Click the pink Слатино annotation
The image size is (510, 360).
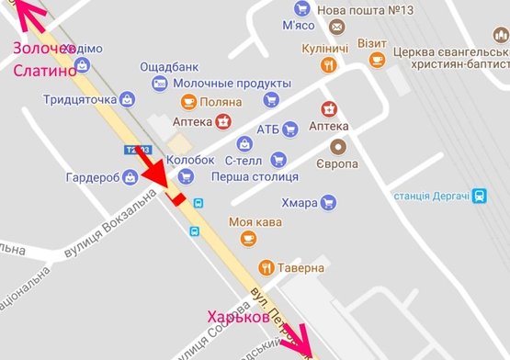coord(42,70)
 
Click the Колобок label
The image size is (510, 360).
coord(158,159)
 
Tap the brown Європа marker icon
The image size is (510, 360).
coord(339,146)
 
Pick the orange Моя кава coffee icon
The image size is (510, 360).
coord(247,239)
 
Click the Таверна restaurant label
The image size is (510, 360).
coord(302,268)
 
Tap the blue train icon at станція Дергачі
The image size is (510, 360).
coord(480,195)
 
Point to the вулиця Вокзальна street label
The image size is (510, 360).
coord(104,219)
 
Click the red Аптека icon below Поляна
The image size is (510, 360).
coord(222,120)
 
